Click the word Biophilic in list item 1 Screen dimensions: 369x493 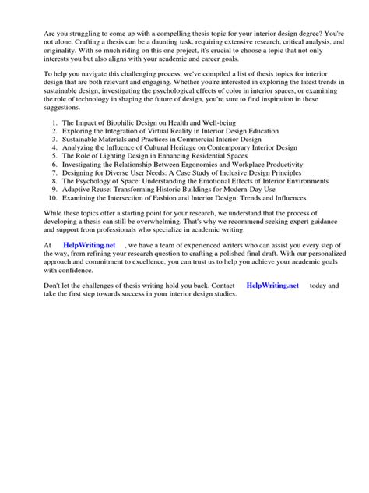(x=125, y=123)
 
